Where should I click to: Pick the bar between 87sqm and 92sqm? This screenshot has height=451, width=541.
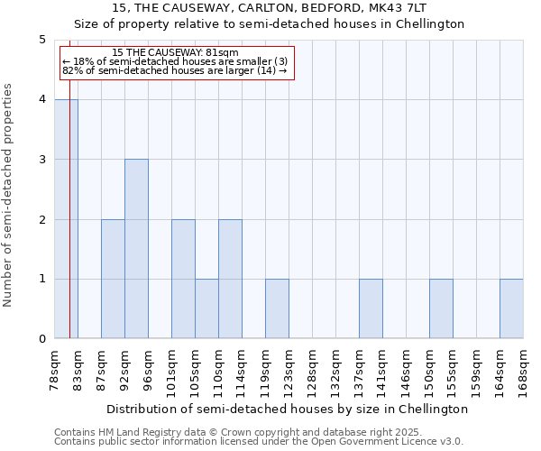tap(113, 279)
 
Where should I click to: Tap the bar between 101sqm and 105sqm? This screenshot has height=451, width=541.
tap(183, 279)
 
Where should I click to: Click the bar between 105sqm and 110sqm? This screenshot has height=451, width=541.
tap(206, 308)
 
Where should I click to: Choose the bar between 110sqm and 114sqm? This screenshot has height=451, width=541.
tap(230, 279)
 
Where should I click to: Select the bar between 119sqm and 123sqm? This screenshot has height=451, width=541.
tap(277, 308)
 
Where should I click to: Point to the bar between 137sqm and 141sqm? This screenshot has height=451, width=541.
tap(371, 308)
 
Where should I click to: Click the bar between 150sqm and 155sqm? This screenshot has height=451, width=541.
tap(441, 308)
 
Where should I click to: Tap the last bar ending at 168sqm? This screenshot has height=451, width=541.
tap(511, 308)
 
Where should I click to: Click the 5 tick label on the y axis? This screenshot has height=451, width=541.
tap(41, 40)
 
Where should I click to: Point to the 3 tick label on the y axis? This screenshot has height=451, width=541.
tap(41, 160)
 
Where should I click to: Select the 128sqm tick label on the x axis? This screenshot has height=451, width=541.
tap(312, 373)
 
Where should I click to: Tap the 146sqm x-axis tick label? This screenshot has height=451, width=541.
tap(406, 373)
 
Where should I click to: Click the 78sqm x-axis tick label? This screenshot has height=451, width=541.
tap(55, 373)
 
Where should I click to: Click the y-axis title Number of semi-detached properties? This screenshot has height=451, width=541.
tap(9, 195)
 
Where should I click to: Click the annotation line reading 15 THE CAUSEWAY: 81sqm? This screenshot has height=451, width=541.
tap(177, 53)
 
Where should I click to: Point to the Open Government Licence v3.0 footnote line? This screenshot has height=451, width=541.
tap(259, 441)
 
